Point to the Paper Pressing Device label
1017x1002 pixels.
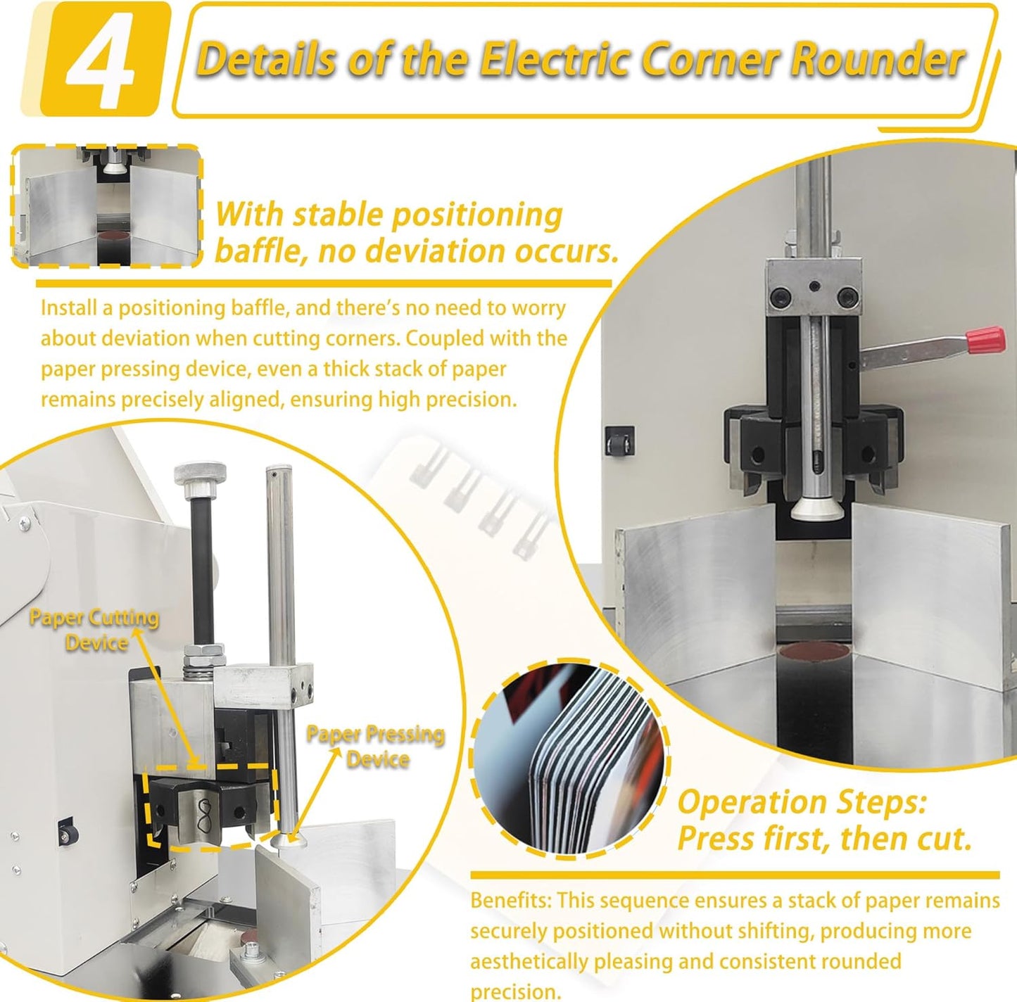[x=376, y=747]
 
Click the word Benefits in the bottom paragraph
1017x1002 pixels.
[x=511, y=901]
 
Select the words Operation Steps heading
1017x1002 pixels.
[x=802, y=801]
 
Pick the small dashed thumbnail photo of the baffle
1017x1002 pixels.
[x=107, y=206]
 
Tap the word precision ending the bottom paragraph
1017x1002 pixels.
[x=515, y=992]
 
